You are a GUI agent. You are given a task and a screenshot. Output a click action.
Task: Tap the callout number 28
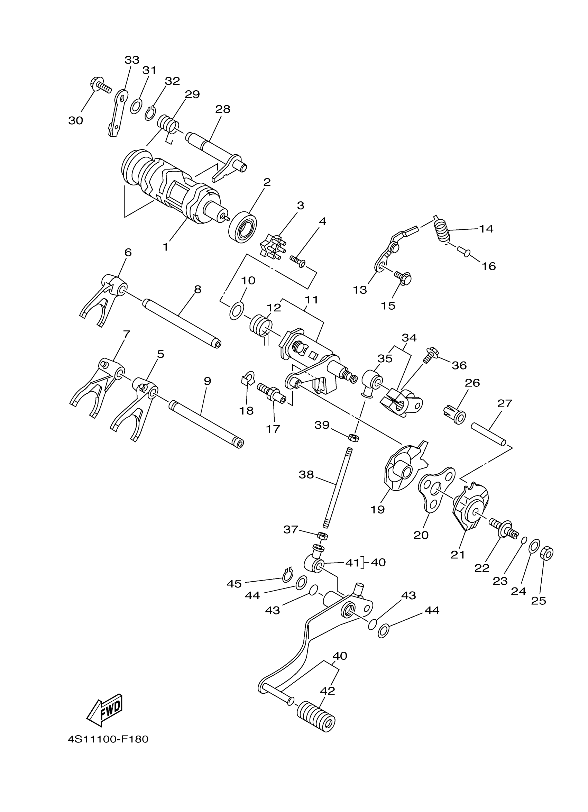point(223,109)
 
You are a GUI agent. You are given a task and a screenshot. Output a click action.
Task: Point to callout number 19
point(378,509)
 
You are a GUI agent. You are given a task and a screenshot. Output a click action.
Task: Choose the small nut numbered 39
point(353,438)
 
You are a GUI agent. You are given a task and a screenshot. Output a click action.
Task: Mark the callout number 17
point(273,429)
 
